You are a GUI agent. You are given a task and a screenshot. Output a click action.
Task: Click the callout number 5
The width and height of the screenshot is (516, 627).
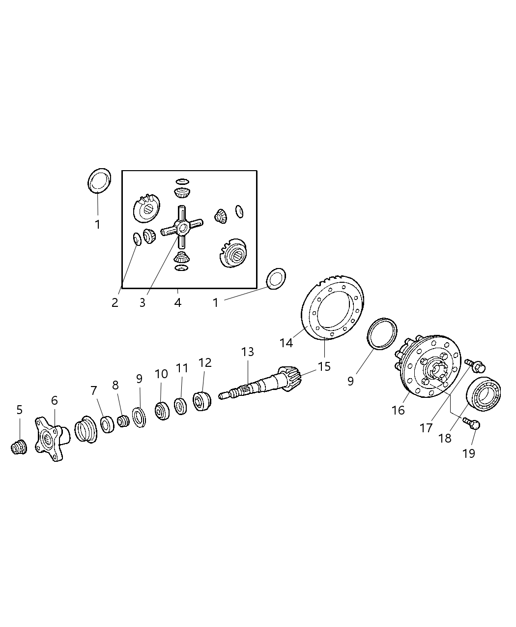tap(19, 409)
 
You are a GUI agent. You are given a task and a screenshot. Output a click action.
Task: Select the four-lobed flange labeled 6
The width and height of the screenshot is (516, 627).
tap(50, 439)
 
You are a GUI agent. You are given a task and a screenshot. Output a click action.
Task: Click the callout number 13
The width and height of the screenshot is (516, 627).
tap(248, 352)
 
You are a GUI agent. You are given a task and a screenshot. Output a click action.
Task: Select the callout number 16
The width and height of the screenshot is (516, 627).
tap(398, 410)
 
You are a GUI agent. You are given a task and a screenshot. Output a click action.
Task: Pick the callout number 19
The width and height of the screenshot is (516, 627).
tap(469, 453)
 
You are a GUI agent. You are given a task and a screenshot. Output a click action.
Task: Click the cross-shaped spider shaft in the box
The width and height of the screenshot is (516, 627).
tap(182, 227)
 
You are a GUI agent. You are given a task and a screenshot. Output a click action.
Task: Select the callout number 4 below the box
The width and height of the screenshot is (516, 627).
tap(177, 302)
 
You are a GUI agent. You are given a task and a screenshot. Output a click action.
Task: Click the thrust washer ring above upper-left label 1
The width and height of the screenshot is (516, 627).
tap(99, 181)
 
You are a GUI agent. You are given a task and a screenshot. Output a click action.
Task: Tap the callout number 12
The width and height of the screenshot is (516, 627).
tap(205, 363)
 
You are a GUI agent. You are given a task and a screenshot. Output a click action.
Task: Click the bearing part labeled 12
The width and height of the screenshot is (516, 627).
tap(201, 401)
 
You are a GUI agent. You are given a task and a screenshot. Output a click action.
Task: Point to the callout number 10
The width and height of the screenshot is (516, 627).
tap(161, 374)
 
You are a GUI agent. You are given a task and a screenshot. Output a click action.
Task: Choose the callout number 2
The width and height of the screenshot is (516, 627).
tap(115, 302)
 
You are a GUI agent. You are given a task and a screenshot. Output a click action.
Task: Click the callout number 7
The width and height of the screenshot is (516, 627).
tap(94, 391)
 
